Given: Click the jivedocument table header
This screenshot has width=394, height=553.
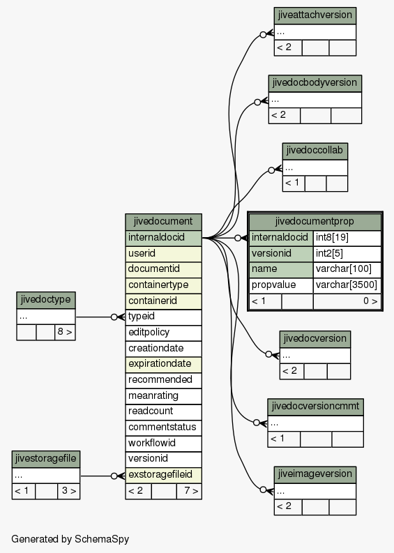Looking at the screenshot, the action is pyautogui.click(x=163, y=222).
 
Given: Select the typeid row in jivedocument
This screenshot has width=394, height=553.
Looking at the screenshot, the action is pyautogui.click(x=163, y=317).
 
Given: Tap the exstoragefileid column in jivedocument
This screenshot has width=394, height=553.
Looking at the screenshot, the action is pyautogui.click(x=163, y=475).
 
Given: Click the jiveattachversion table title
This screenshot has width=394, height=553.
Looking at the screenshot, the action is pyautogui.click(x=315, y=15).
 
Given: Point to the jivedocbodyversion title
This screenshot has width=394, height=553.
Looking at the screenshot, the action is pyautogui.click(x=315, y=83).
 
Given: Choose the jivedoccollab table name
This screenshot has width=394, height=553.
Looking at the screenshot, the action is pyautogui.click(x=315, y=151).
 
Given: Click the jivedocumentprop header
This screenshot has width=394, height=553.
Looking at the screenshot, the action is pyautogui.click(x=315, y=222).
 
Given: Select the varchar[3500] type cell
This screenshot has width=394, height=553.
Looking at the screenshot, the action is pyautogui.click(x=347, y=285).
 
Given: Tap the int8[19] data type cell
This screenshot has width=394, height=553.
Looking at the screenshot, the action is pyautogui.click(x=347, y=238).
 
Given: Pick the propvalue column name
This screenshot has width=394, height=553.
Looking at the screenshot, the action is pyautogui.click(x=281, y=285).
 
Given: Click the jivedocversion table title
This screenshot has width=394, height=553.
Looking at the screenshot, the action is pyautogui.click(x=315, y=339).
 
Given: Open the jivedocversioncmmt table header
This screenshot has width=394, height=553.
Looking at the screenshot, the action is pyautogui.click(x=315, y=407).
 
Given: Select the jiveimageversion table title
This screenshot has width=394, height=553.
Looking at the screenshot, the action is pyautogui.click(x=315, y=474).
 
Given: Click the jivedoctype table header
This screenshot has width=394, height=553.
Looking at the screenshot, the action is pyautogui.click(x=46, y=300).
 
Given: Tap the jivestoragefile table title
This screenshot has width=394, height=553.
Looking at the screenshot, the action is pyautogui.click(x=46, y=459).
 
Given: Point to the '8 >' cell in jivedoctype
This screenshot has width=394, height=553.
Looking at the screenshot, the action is pyautogui.click(x=65, y=332).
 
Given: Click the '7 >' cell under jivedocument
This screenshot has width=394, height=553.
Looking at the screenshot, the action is pyautogui.click(x=189, y=491).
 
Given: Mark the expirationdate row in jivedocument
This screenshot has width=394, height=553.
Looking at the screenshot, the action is pyautogui.click(x=163, y=364).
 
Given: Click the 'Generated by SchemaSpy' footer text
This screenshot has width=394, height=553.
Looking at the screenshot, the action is pyautogui.click(x=70, y=539).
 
